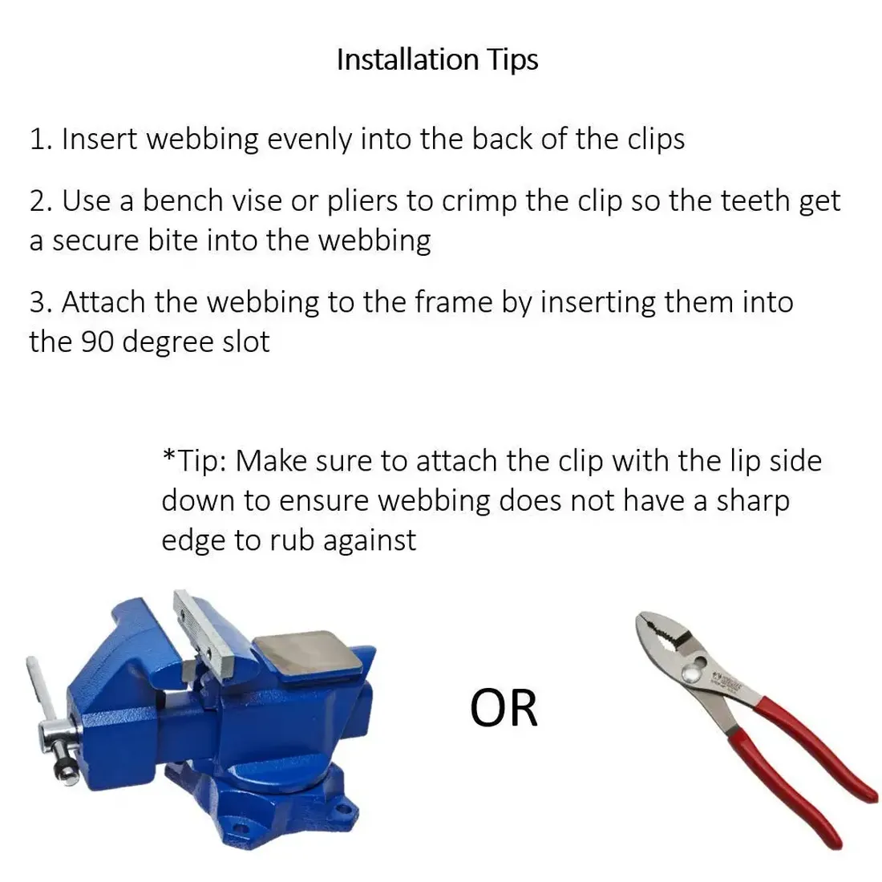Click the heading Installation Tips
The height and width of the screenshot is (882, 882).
pos(438,60)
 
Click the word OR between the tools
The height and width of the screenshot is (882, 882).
pos(504,708)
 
